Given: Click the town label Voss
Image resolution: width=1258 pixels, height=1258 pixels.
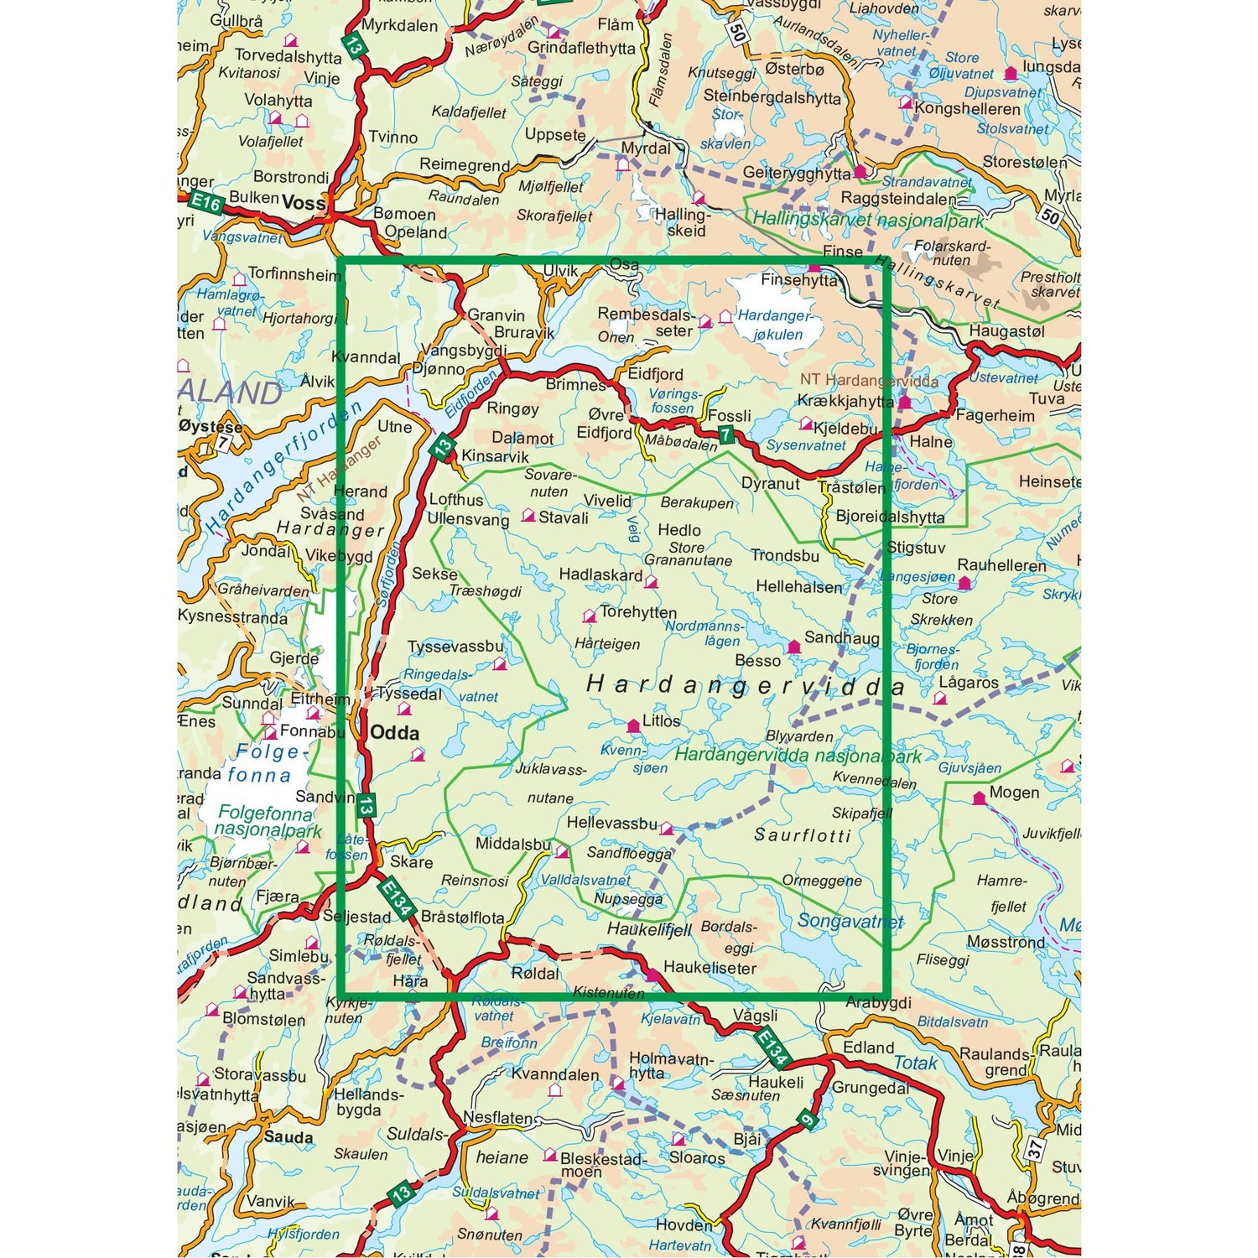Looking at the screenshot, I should (x=304, y=202).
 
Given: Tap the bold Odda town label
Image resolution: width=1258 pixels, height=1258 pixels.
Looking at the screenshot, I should (x=394, y=732).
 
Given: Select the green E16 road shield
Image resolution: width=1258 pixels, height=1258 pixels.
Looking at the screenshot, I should (x=205, y=203).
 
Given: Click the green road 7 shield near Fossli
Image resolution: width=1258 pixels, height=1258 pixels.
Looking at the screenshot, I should (x=725, y=434).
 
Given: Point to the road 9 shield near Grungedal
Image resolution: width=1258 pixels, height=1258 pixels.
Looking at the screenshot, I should (x=807, y=1120).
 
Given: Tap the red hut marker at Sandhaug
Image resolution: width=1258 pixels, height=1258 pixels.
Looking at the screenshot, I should (x=793, y=647).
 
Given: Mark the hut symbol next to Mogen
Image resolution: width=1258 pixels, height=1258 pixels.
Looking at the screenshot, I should (x=979, y=798).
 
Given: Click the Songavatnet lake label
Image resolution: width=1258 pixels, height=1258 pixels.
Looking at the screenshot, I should (x=850, y=921).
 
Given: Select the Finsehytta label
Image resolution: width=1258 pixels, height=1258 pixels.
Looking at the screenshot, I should (x=798, y=280).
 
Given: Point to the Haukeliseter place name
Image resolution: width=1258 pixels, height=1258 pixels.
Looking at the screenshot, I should (x=710, y=968).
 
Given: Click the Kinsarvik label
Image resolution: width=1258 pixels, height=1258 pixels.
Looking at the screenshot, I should (x=496, y=456).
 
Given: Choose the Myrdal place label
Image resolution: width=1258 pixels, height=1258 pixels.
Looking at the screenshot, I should (x=645, y=148).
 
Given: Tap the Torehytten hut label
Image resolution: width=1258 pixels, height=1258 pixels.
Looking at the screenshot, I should (x=637, y=612).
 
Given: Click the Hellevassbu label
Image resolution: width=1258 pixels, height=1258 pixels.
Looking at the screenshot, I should (x=611, y=824).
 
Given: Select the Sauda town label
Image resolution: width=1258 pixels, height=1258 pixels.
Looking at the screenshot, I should (x=288, y=1137).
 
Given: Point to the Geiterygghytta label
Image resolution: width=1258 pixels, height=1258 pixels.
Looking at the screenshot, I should (x=797, y=174).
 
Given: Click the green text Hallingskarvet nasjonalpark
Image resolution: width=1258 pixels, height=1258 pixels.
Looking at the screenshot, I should (x=868, y=221).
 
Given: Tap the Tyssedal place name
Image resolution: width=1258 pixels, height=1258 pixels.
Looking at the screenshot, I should (x=409, y=694).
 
